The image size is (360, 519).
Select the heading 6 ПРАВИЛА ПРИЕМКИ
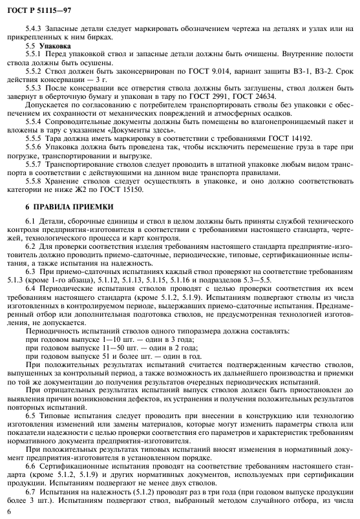pyautogui.click(x=69, y=206)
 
